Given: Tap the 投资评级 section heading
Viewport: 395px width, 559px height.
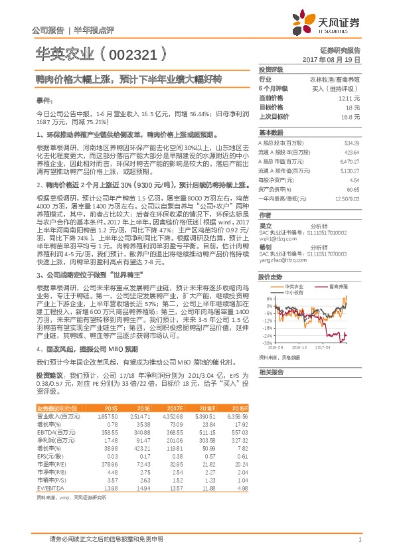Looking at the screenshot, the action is click(270, 69).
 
